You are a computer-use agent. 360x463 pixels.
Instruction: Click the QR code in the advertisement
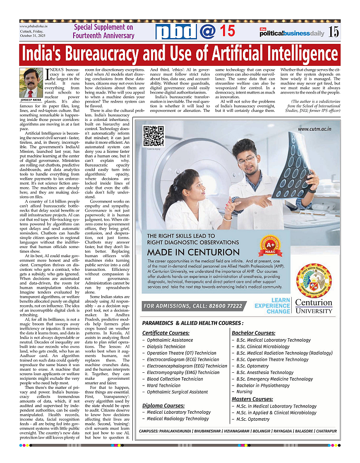click(154, 136)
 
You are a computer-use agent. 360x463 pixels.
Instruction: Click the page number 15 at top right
click(334, 32)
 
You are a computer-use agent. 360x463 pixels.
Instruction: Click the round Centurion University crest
click(314, 277)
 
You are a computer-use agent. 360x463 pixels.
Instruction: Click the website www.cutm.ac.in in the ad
click(314, 129)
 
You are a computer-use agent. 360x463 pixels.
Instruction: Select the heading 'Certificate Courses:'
click(166, 333)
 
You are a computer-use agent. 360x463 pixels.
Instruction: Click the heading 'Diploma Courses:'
click(163, 405)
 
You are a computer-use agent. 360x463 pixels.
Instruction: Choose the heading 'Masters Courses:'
click(252, 399)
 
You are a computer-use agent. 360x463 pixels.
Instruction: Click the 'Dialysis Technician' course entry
click(166, 347)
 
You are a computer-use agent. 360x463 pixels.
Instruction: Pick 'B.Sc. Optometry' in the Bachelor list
click(252, 366)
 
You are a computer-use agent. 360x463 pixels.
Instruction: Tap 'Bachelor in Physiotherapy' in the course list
click(263, 386)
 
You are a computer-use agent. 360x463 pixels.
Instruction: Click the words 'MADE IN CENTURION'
click(193, 252)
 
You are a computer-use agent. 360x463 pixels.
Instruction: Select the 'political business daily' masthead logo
click(292, 33)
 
